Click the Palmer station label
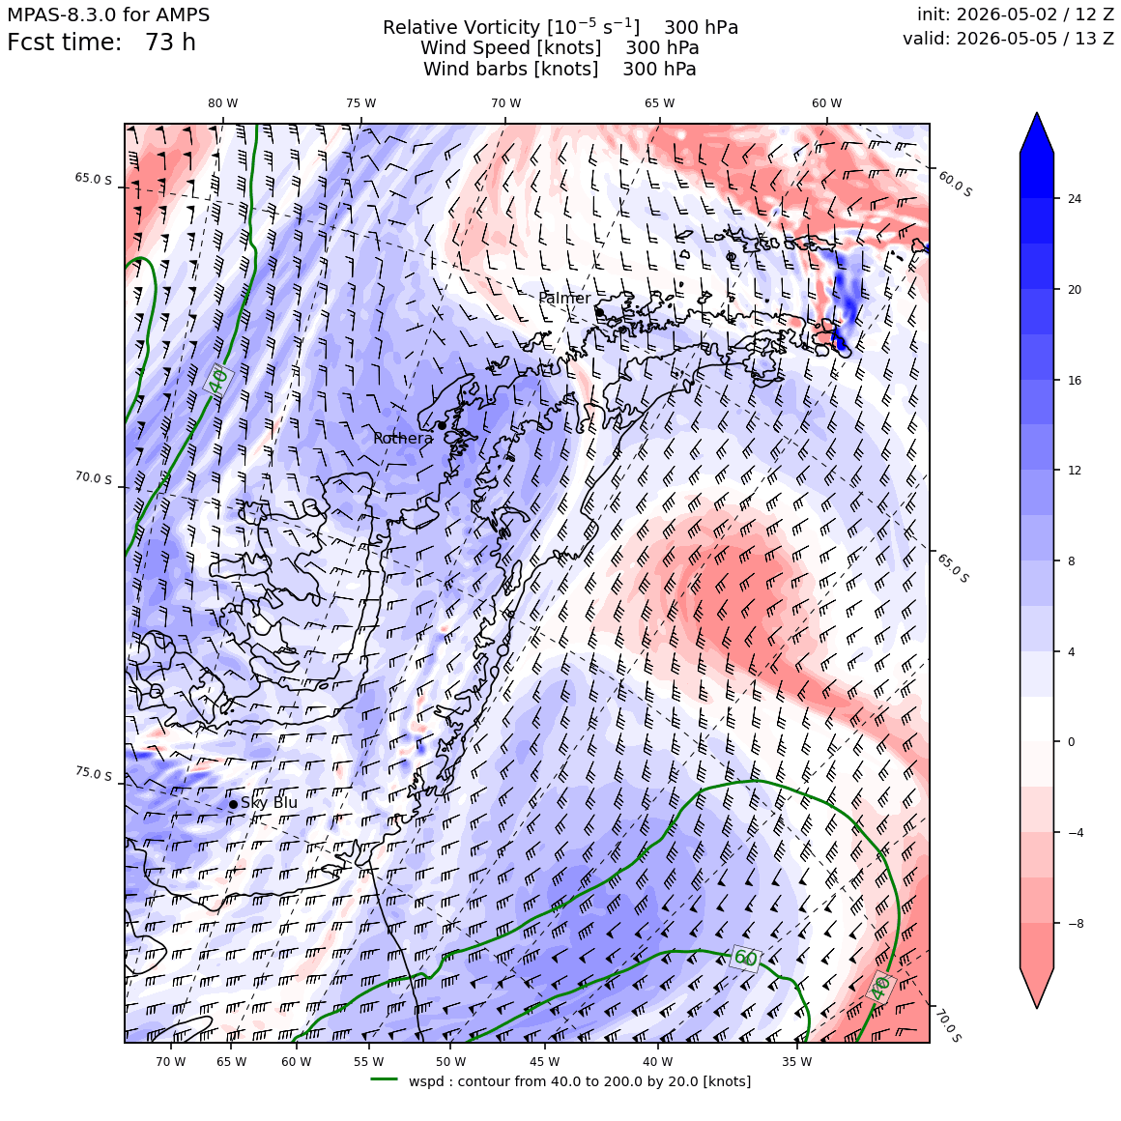point(564,298)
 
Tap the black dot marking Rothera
point(442,425)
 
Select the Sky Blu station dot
point(233,804)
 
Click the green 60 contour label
point(745,958)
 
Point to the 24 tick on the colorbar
point(1075,199)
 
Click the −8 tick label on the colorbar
point(1072,923)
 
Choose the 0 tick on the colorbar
point(1071,742)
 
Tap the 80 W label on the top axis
point(223,103)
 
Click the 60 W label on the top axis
point(826,103)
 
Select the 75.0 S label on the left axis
point(94,774)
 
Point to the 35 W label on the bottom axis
point(796,1062)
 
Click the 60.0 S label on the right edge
point(955,185)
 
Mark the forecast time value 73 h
point(170,43)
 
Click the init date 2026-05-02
point(1007,14)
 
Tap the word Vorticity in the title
point(499,28)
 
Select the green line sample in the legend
point(384,1079)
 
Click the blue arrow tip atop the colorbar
point(1037,114)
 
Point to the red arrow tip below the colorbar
point(1037,1007)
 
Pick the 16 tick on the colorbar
point(1075,380)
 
